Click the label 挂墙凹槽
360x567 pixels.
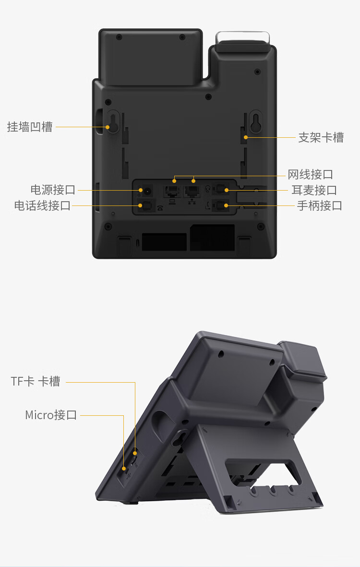30,127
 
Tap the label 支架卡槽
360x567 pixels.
321,137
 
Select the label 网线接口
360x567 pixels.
310,175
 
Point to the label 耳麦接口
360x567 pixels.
314,190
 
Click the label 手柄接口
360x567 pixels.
320,206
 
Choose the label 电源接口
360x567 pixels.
53,190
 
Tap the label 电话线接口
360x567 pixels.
42,205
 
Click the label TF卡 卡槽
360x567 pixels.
36,381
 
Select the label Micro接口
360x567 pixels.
50,415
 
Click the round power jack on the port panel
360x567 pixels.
147,190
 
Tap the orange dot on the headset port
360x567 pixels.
227,190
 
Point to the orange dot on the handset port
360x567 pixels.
226,206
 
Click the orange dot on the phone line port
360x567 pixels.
140,205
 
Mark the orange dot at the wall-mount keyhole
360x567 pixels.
108,127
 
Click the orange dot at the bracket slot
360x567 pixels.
246,137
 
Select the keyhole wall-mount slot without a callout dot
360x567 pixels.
256,121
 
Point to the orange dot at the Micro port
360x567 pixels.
124,469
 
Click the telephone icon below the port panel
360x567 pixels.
160,208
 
